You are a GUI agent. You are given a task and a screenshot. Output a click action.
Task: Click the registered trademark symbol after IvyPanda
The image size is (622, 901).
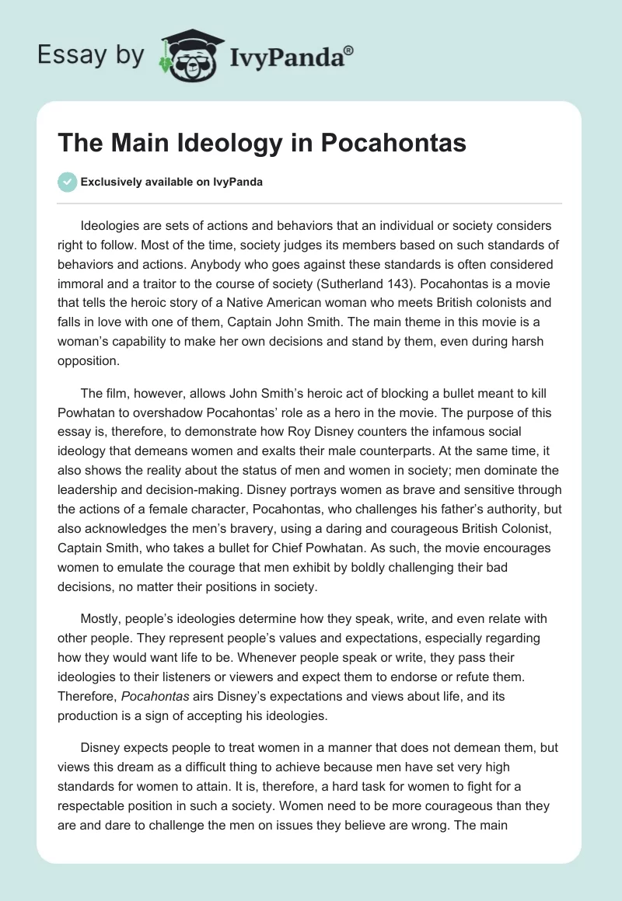click(x=348, y=52)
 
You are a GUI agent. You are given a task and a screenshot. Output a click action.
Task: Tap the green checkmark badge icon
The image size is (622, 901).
click(x=67, y=183)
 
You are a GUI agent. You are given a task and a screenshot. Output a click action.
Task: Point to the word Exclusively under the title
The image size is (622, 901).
click(x=110, y=183)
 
